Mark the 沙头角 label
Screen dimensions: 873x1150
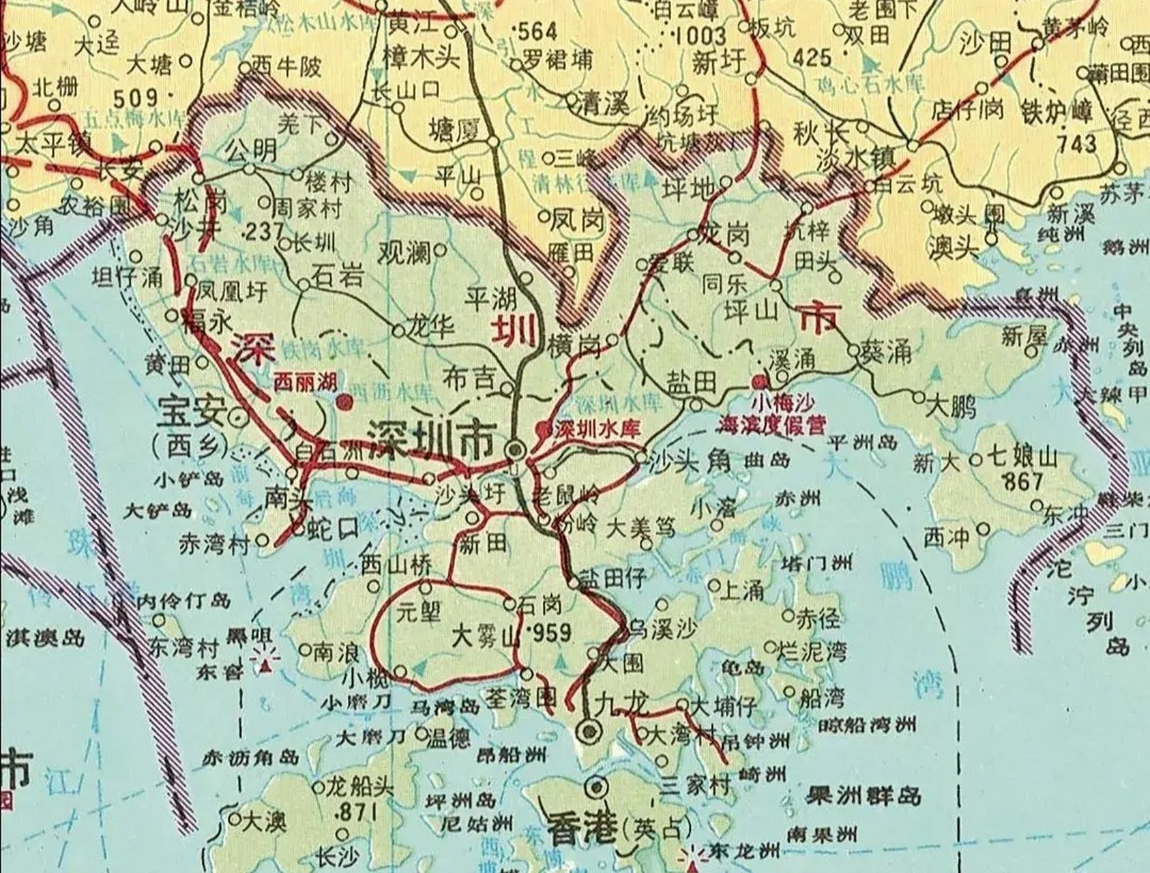point(690,462)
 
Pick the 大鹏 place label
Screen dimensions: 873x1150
point(952,407)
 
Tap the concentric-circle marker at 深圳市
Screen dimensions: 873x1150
point(515,449)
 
